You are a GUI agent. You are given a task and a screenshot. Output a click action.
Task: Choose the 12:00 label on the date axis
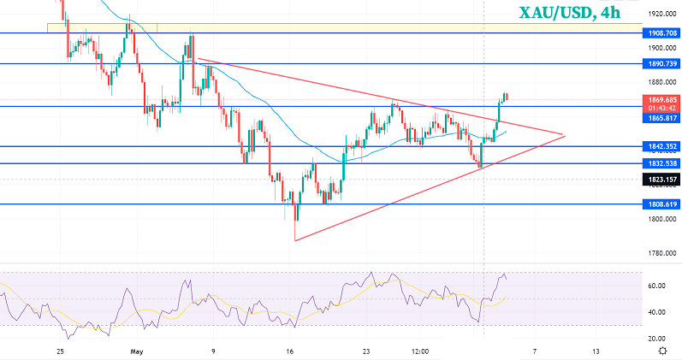point(419,351)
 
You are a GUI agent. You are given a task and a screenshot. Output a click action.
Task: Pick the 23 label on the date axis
point(365,351)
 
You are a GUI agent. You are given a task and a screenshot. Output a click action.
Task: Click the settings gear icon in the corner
point(662,351)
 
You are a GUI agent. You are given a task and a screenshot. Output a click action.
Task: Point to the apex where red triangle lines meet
point(565,134)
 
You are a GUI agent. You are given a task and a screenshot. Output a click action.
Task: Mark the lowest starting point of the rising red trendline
point(294,240)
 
